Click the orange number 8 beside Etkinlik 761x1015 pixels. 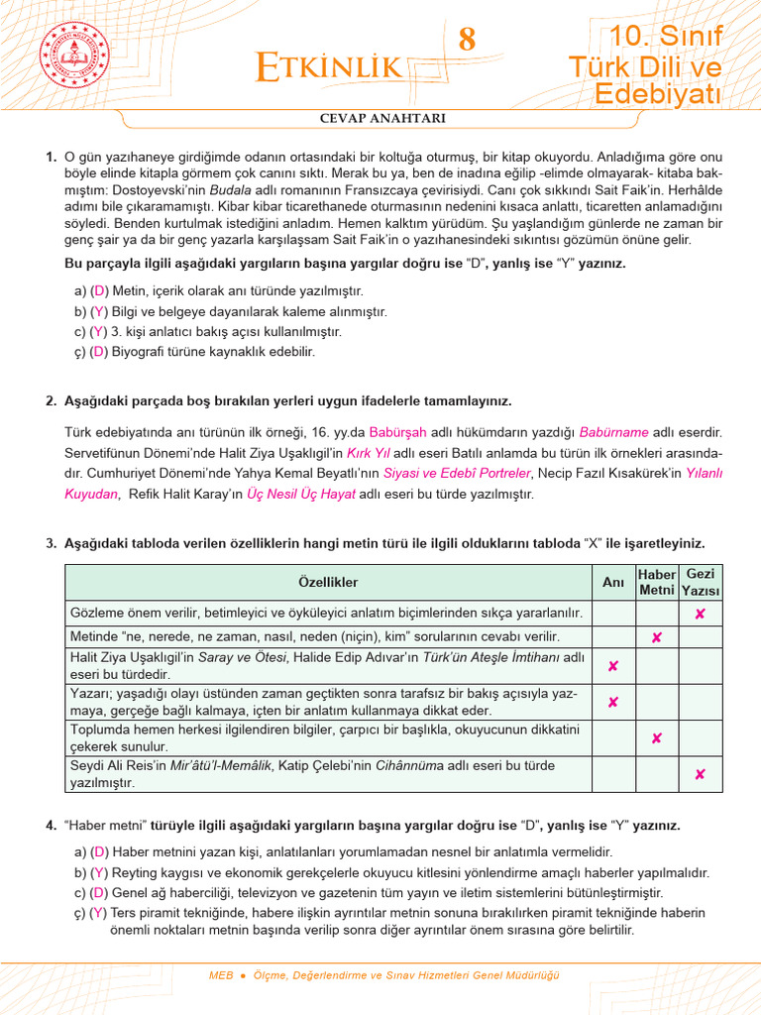467,41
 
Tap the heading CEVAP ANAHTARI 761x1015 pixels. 381,119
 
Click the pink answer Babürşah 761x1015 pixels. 396,432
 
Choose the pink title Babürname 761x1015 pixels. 614,432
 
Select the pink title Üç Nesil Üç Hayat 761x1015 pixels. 301,494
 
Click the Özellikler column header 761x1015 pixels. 328,583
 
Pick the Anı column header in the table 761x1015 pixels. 613,583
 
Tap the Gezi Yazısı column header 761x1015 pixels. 701,583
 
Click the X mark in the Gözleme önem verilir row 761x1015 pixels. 701,615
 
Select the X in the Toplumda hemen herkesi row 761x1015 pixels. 656,738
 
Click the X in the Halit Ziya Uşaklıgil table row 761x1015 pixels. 613,666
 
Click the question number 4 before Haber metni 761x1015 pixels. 51,826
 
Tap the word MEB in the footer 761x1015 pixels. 221,975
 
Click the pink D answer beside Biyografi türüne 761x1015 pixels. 99,352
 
